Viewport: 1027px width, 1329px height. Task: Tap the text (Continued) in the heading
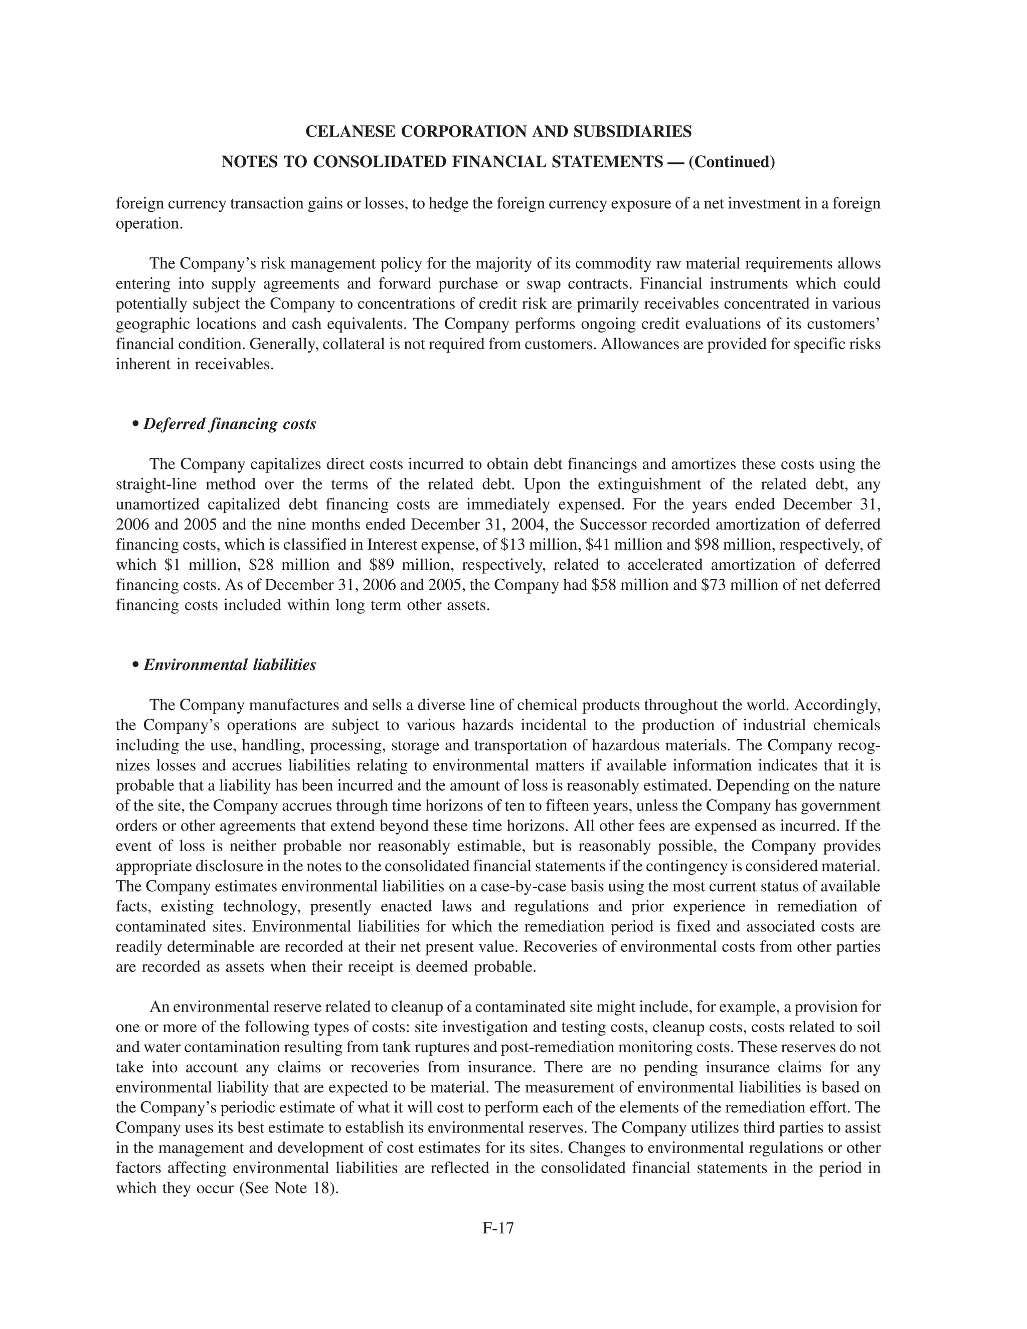click(x=732, y=162)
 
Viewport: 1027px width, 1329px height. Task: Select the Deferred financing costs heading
click(x=229, y=424)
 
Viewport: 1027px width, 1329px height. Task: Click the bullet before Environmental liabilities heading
click(x=136, y=665)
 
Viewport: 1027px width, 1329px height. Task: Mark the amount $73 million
click(x=736, y=585)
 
